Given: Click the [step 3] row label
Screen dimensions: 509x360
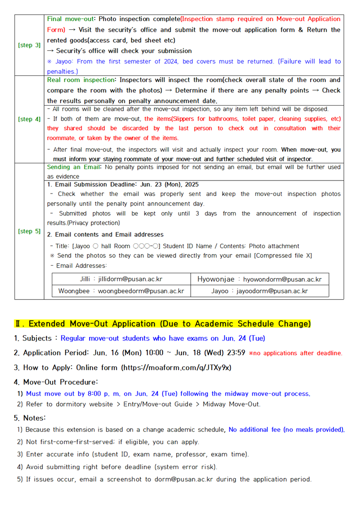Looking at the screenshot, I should click(29, 45).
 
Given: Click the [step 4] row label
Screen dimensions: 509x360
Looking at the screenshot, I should click(29, 119).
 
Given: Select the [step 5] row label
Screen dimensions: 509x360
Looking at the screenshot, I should click(29, 231).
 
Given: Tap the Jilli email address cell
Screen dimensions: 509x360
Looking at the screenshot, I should click(120, 279).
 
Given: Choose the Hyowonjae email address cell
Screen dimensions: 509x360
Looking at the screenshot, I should click(259, 279).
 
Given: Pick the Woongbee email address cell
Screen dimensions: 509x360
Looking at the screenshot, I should click(120, 291).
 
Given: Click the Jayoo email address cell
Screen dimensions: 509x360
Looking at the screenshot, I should click(259, 291).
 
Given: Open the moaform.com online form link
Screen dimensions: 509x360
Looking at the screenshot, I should click(177, 367).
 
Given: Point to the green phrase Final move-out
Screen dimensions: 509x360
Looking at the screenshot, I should click(70, 19).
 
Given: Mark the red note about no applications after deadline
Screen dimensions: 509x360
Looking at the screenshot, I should click(295, 353).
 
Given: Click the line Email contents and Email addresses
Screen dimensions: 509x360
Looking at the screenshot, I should click(105, 234).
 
